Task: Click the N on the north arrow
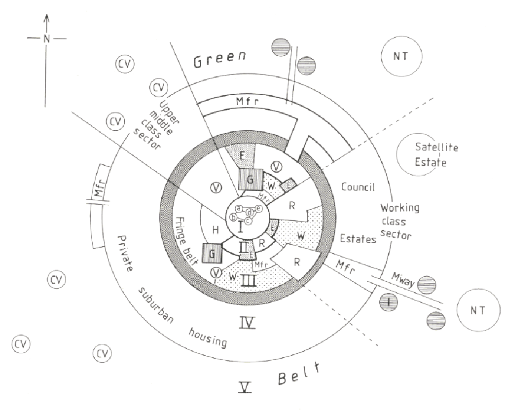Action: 47,38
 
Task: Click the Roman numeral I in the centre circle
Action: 240,227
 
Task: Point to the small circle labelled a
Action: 239,209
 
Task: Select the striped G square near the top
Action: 250,180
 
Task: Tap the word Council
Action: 359,187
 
